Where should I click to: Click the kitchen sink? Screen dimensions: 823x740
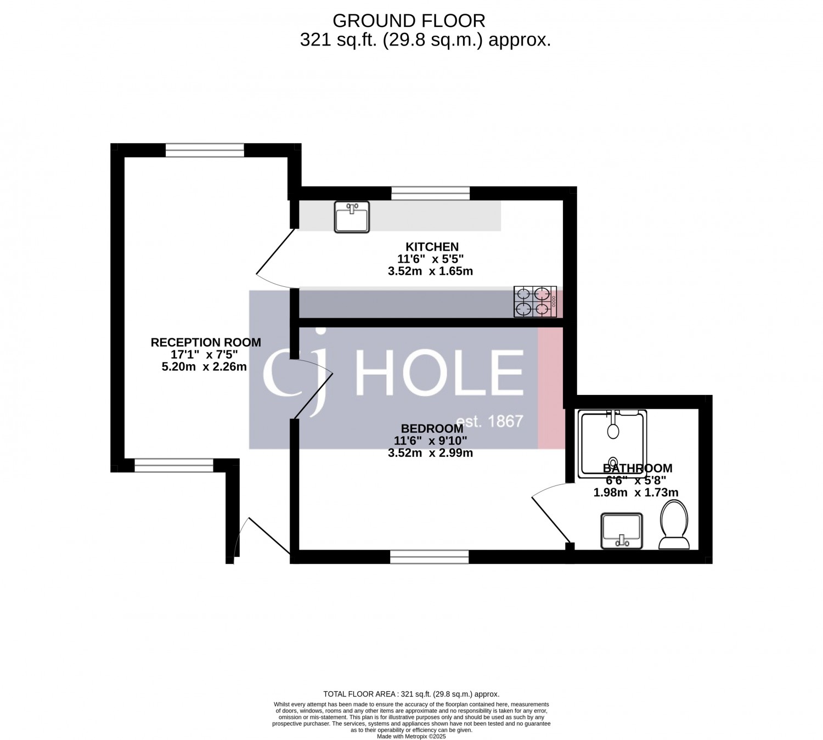click(352, 217)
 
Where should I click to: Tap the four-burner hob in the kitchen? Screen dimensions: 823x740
click(535, 302)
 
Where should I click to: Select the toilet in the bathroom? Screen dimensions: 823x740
click(674, 524)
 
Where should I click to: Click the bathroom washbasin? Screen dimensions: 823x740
click(622, 531)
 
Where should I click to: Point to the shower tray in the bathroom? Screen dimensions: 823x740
click(612, 444)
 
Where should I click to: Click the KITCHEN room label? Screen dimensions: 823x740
click(432, 247)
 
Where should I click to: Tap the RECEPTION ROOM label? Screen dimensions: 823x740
click(206, 342)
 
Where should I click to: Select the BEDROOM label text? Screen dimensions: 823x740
click(432, 428)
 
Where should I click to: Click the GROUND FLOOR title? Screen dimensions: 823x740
click(409, 20)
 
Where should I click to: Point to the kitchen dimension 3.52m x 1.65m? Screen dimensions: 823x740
click(430, 271)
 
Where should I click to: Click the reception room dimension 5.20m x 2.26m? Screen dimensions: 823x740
click(204, 367)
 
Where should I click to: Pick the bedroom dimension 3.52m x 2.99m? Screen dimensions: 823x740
click(430, 453)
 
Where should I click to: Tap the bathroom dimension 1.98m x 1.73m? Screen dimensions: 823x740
click(636, 492)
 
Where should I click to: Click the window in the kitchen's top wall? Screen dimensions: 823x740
click(430, 193)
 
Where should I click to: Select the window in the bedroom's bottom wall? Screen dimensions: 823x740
click(429, 557)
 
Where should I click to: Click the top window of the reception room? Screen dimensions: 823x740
click(205, 150)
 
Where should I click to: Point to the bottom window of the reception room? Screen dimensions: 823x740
click(174, 465)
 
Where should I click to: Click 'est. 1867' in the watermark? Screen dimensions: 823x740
click(490, 421)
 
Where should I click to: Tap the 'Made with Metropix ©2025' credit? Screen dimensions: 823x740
click(411, 736)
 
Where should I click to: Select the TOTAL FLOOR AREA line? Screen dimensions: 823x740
click(411, 694)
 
